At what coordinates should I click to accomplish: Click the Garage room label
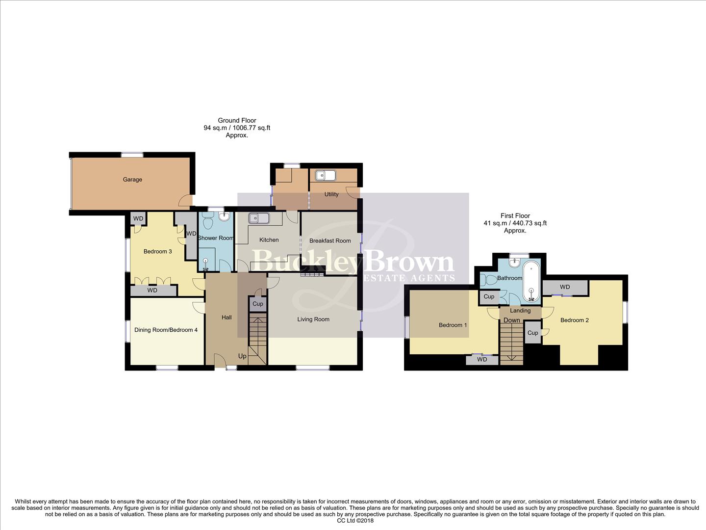coord(132,180)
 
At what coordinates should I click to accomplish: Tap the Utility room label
coord(331,194)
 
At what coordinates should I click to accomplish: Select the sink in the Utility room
coord(325,175)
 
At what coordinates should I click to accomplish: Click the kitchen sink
coord(258,218)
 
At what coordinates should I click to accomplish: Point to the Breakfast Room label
coord(330,241)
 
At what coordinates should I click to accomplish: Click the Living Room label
coord(313,319)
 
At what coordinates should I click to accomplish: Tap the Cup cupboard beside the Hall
coord(258,304)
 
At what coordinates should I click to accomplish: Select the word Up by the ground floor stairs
coord(242,356)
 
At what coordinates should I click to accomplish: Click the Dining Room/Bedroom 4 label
coord(166,330)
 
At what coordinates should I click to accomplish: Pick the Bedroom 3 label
coord(157,252)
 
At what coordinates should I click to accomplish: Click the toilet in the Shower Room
coord(206,223)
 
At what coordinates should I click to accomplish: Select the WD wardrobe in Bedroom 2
coord(565,287)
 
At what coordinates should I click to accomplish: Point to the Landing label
coord(520,311)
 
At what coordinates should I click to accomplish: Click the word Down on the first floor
coord(511,320)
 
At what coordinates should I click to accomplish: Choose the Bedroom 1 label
coord(453,325)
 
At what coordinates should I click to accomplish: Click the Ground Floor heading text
coord(237,121)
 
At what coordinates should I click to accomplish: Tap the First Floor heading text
coord(515,216)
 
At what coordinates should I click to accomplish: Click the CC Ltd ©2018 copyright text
coord(355,521)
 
